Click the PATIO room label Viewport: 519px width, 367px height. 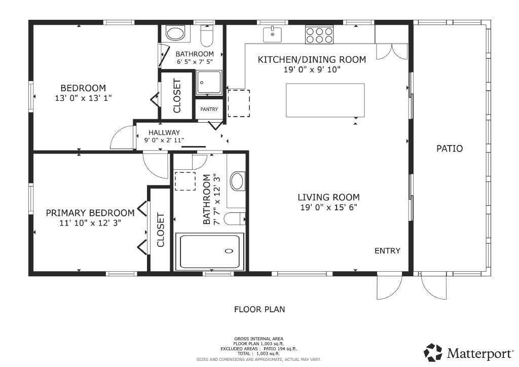450,149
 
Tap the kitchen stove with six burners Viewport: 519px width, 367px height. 319,34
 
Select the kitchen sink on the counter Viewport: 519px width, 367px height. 272,34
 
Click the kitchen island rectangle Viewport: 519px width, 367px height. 325,99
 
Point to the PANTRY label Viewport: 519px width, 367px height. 209,109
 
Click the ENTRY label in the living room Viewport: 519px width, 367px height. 387,250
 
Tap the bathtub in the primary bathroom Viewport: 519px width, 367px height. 209,251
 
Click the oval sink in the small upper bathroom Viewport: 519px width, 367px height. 175,34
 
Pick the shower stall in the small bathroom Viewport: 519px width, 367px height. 209,82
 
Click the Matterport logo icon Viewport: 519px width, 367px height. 433,352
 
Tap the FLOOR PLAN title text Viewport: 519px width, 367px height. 259,309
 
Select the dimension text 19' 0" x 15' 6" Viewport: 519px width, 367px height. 328,207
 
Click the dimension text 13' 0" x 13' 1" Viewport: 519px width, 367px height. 83,98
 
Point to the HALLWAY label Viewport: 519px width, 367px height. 164,133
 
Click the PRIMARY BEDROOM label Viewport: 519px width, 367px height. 90,213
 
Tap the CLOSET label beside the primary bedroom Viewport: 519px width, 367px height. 161,230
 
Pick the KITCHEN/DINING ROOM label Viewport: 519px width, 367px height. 312,59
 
